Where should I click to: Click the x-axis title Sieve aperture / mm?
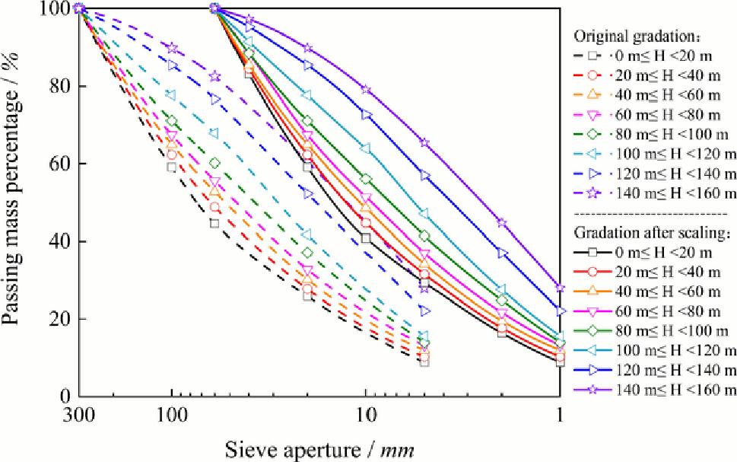coord(319,448)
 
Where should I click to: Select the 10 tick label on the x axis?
coord(366,418)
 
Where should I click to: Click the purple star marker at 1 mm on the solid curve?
coord(561,288)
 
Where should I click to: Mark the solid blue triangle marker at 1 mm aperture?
coord(561,311)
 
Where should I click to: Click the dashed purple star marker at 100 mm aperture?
coord(172,48)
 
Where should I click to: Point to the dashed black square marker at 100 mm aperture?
coord(172,167)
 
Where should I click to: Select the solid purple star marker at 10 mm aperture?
coord(366,89)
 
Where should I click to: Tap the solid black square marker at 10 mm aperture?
coord(366,238)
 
